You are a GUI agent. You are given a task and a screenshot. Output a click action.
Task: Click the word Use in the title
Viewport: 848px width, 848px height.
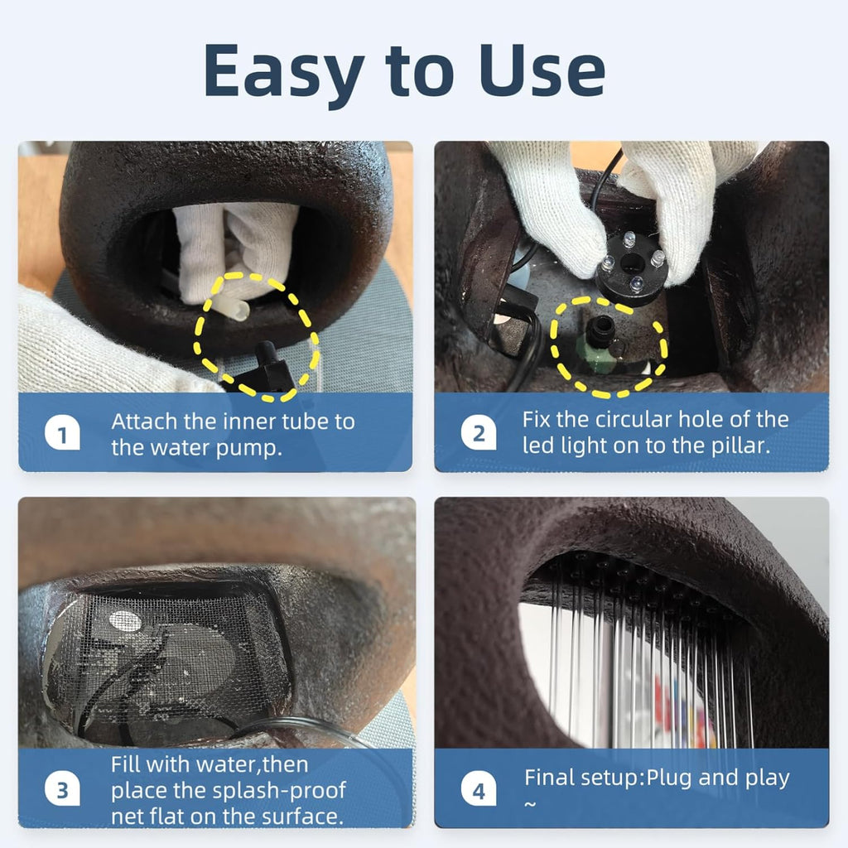click(x=542, y=70)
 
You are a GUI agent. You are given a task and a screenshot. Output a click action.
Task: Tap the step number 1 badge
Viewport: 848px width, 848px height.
click(x=62, y=434)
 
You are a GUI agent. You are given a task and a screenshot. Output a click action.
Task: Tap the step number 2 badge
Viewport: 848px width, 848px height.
click(x=479, y=433)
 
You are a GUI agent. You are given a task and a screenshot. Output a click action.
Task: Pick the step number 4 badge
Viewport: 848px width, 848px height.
click(x=479, y=790)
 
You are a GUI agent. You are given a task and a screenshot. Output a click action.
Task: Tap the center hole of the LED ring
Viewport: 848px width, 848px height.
click(x=630, y=264)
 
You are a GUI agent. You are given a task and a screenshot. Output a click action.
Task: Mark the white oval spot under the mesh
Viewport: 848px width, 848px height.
click(x=126, y=621)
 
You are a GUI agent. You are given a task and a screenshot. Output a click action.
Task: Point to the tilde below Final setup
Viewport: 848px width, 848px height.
click(x=530, y=804)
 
